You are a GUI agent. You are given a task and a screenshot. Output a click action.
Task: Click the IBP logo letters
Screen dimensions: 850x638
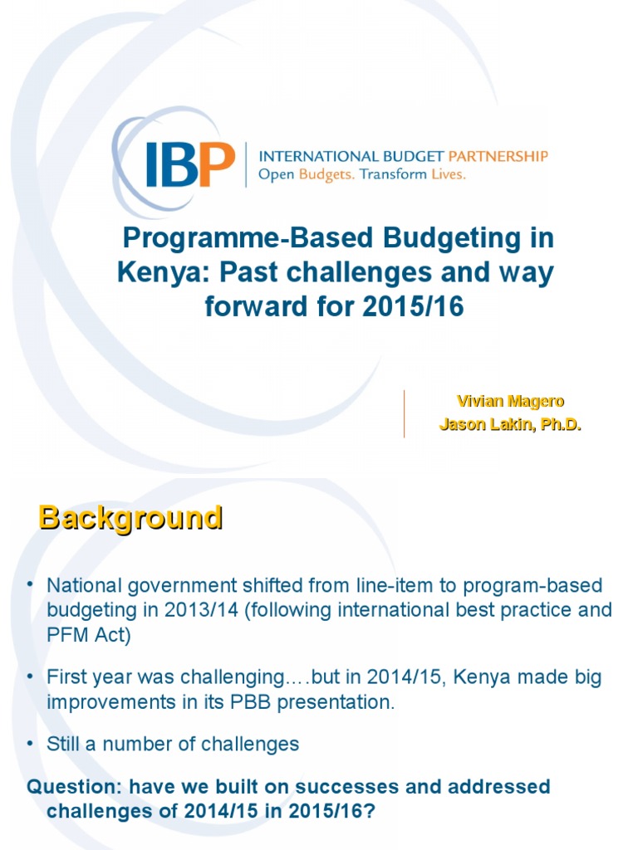pyautogui.click(x=189, y=164)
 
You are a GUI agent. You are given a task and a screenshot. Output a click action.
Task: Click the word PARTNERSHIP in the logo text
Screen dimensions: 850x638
pyautogui.click(x=498, y=155)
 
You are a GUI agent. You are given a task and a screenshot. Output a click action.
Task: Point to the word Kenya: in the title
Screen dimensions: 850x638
pyautogui.click(x=161, y=273)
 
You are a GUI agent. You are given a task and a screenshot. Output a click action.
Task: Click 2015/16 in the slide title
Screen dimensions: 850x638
pyautogui.click(x=413, y=307)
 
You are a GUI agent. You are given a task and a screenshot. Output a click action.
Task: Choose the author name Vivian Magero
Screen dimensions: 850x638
pyautogui.click(x=510, y=402)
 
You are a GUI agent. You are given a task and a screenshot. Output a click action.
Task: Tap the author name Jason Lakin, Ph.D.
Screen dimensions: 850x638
pyautogui.click(x=510, y=425)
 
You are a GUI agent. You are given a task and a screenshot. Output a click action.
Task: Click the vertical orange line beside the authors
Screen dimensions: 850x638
pyautogui.click(x=405, y=413)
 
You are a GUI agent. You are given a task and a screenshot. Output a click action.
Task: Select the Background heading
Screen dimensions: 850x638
pyautogui.click(x=130, y=518)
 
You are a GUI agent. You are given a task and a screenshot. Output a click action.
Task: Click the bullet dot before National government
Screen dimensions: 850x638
pyautogui.click(x=28, y=585)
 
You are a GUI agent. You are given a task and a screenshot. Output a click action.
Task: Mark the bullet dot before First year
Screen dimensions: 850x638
pyautogui.click(x=28, y=677)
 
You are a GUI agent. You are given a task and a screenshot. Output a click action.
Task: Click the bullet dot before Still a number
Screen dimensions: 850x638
pyautogui.click(x=28, y=743)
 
